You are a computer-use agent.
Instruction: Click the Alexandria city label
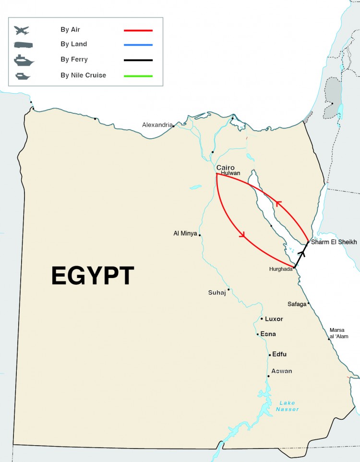156,125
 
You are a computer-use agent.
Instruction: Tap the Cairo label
226,167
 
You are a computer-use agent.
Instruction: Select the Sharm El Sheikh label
334,242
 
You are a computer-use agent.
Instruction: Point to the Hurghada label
281,269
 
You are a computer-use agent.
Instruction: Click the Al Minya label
185,234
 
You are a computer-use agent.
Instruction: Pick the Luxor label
274,319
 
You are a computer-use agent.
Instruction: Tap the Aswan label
281,371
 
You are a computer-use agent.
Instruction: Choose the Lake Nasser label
288,406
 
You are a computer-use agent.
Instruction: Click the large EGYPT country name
92,276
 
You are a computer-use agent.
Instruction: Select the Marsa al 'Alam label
339,333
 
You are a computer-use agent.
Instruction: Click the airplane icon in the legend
22,30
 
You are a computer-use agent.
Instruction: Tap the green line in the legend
138,76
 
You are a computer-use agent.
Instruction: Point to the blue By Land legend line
138,45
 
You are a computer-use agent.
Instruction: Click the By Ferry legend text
74,60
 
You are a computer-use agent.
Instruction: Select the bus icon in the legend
22,45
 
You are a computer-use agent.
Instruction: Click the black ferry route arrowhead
302,251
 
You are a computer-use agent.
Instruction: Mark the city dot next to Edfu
269,355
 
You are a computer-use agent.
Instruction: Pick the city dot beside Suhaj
228,290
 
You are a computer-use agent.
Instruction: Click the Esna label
268,334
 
